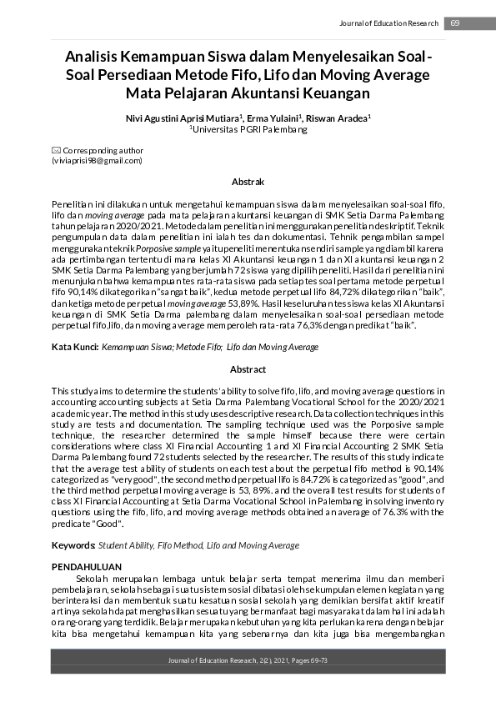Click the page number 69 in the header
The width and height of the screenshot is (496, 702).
tap(455, 23)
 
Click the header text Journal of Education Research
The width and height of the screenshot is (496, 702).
tap(388, 23)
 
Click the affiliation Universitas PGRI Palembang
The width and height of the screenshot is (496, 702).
tap(248, 129)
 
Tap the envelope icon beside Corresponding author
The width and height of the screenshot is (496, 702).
tap(57, 151)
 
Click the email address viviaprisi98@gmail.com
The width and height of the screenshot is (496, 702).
tap(98, 160)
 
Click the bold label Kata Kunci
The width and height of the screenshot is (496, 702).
tap(73, 345)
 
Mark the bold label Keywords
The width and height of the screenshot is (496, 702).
tap(73, 545)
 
